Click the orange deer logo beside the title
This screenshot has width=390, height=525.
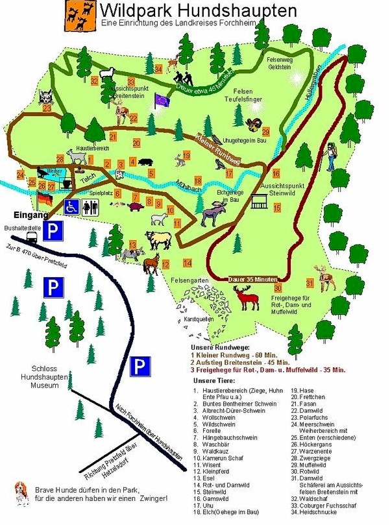click(80, 16)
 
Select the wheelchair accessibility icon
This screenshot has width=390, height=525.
click(73, 206)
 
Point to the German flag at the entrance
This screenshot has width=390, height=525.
click(44, 197)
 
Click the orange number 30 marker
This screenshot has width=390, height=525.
click(277, 288)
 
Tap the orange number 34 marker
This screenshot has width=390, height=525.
click(158, 69)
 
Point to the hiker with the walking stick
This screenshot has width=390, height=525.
click(331, 156)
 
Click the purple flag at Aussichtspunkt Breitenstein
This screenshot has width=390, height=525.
click(160, 99)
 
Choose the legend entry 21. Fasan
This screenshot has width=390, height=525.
click(308, 404)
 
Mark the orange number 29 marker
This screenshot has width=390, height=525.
click(265, 132)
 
